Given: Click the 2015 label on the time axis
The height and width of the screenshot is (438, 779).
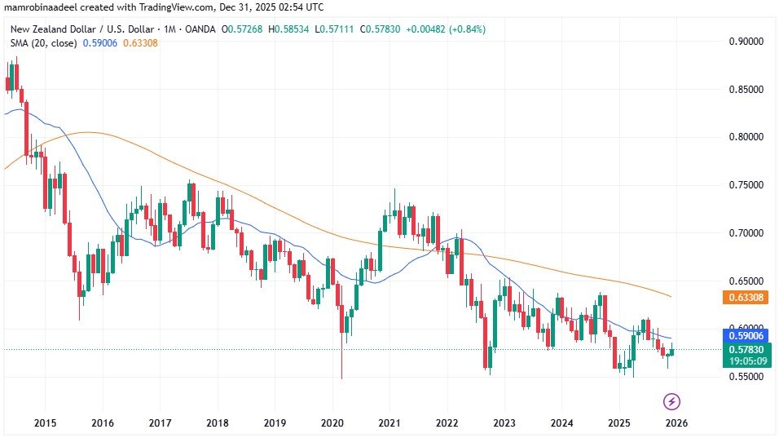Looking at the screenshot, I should click(45, 423).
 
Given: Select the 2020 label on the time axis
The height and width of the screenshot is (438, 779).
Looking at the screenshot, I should click(332, 423).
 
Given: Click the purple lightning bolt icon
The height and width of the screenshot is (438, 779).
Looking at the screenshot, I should click(672, 400).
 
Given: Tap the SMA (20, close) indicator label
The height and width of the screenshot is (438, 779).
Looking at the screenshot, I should click(42, 42).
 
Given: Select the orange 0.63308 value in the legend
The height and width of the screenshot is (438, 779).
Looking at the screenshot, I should click(140, 42).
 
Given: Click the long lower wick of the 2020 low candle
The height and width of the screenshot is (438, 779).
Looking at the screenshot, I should click(341, 359).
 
